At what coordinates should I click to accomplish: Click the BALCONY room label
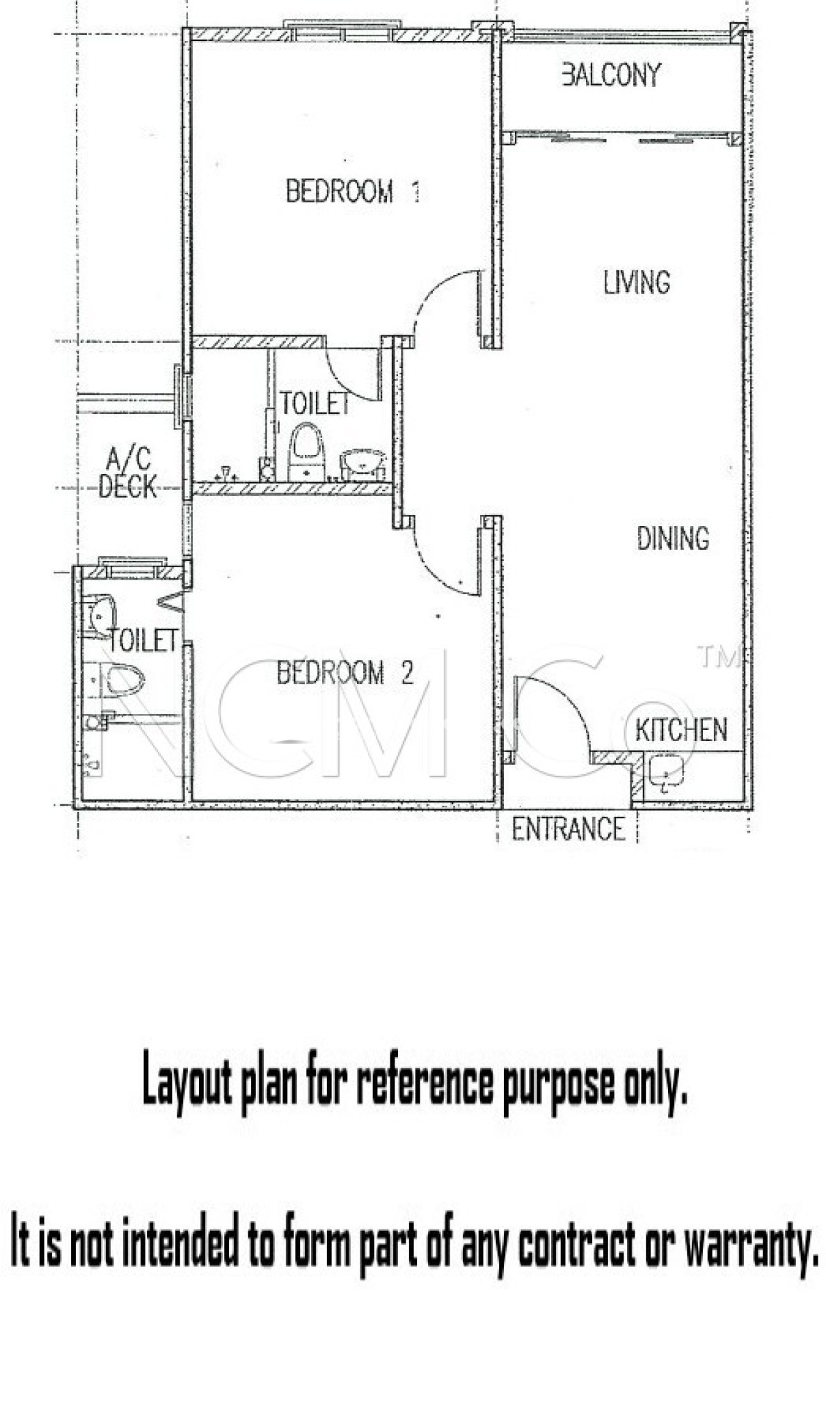coord(611,75)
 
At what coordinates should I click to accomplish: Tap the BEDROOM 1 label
coord(353,191)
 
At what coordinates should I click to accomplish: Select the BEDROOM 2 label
coord(345,673)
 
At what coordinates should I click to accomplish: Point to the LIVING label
coord(636,282)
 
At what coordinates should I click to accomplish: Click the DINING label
coord(673,539)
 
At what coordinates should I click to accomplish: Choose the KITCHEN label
coord(681,730)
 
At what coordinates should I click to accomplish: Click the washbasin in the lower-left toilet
coord(102,613)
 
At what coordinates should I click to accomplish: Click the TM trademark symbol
coord(717,657)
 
